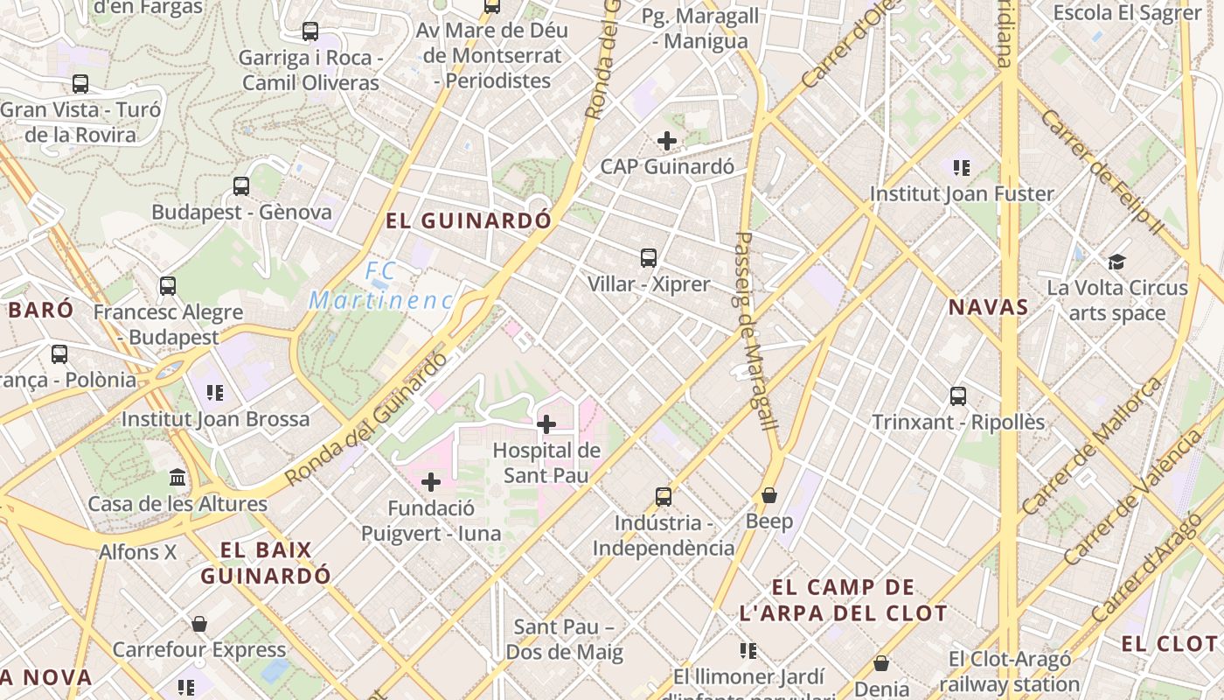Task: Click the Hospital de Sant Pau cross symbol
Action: (546, 425)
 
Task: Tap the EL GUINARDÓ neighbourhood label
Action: (469, 220)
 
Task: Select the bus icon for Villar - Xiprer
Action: (648, 258)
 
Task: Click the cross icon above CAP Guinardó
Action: (667, 141)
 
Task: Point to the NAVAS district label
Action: (988, 307)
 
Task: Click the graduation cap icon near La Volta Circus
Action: (1116, 262)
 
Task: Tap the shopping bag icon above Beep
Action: (769, 496)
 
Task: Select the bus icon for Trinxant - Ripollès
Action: (958, 396)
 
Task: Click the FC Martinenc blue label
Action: (381, 286)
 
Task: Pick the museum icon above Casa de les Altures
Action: (177, 478)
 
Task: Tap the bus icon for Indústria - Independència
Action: (664, 497)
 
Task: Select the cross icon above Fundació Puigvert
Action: (431, 482)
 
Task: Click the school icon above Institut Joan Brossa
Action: (214, 393)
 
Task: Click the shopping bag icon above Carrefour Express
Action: (199, 624)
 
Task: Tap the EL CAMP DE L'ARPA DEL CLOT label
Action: (843, 600)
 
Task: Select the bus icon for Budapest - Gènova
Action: (241, 186)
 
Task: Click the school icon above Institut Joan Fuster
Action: (962, 167)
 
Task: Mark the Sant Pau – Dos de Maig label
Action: (564, 640)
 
